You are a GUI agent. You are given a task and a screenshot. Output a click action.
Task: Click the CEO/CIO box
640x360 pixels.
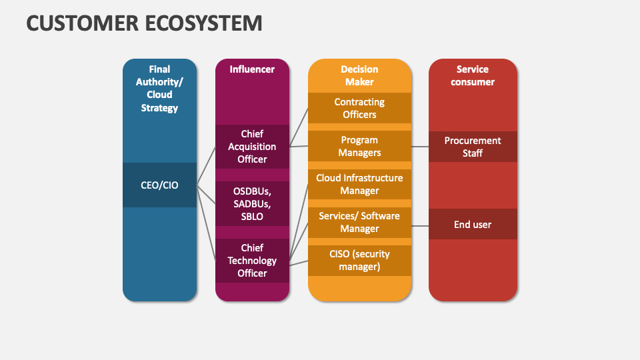coord(159,185)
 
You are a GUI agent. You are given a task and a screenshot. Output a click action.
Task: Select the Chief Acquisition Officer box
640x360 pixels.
coord(252,147)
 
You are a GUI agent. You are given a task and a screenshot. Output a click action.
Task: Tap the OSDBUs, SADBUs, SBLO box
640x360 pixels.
coord(252,203)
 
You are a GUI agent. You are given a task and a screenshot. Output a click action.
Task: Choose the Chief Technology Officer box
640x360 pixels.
coord(252,260)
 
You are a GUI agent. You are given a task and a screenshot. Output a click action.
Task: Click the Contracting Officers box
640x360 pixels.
coord(359,108)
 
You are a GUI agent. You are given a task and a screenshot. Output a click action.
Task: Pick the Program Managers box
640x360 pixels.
coord(359,146)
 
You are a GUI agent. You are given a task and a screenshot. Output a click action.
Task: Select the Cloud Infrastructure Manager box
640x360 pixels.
coord(359,184)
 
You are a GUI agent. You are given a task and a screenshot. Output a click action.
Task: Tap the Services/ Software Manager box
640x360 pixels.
coord(359,222)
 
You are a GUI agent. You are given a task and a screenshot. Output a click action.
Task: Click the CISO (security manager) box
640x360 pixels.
coord(359,260)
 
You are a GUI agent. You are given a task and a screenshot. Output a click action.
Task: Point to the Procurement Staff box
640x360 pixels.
coord(472,147)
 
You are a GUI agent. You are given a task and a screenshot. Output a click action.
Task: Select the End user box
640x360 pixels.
coord(472,224)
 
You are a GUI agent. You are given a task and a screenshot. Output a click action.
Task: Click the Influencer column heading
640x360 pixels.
coord(252,69)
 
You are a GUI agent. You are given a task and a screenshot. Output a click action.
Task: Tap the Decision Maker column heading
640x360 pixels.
coord(359,75)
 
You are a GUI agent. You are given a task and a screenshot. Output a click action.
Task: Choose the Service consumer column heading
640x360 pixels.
coord(472,75)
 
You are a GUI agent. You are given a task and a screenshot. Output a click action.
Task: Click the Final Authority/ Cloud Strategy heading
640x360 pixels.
coord(159,88)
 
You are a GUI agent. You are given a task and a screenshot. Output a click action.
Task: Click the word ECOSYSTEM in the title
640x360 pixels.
coord(203,23)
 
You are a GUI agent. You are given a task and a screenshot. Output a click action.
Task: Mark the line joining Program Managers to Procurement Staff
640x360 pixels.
coord(419,147)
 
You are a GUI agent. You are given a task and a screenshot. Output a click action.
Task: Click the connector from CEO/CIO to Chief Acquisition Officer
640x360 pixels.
coord(206,167)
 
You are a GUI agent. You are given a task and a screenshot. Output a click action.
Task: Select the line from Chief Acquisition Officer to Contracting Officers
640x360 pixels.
coord(299,127)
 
